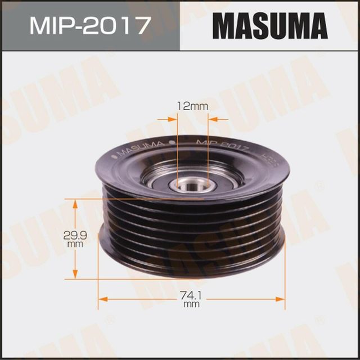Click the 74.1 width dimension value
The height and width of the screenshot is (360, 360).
point(191,295)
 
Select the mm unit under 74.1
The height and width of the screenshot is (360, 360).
point(191,304)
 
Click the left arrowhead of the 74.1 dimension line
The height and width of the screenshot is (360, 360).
point(102,298)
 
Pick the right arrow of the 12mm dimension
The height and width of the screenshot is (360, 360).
point(212,119)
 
